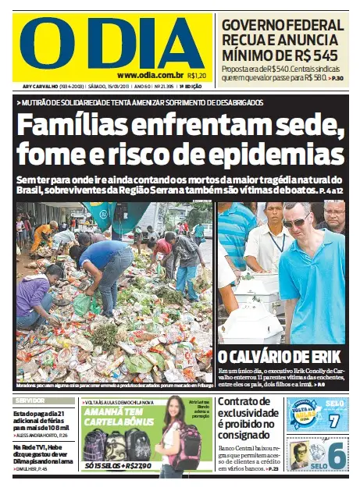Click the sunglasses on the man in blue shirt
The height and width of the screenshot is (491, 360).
(x=296, y=222)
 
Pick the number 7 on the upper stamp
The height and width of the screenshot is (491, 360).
(x=333, y=420)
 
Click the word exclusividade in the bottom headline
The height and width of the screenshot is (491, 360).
(x=247, y=414)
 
